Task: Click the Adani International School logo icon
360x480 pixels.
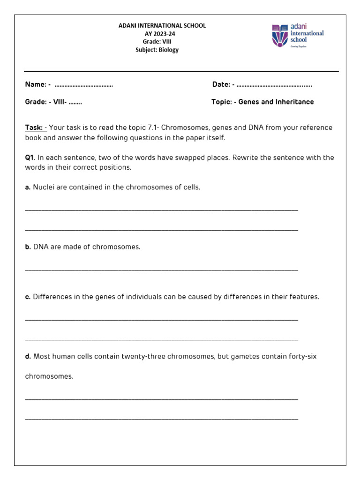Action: [280, 36]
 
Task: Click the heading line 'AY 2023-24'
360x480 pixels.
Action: [162, 34]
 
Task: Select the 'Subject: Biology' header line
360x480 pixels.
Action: [157, 50]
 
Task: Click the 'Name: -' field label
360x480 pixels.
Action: [38, 84]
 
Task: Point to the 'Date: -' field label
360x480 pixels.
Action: [224, 84]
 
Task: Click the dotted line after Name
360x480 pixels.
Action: [84, 85]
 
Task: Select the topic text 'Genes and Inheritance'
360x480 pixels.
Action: [276, 102]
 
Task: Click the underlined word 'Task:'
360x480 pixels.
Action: [34, 127]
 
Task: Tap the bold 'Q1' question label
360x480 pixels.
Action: [30, 157]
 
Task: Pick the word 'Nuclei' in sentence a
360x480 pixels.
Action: [44, 187]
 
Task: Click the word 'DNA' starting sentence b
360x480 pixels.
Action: [41, 247]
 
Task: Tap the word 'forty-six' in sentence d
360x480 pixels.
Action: [302, 356]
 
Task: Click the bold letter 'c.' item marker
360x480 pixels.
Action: [28, 297]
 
